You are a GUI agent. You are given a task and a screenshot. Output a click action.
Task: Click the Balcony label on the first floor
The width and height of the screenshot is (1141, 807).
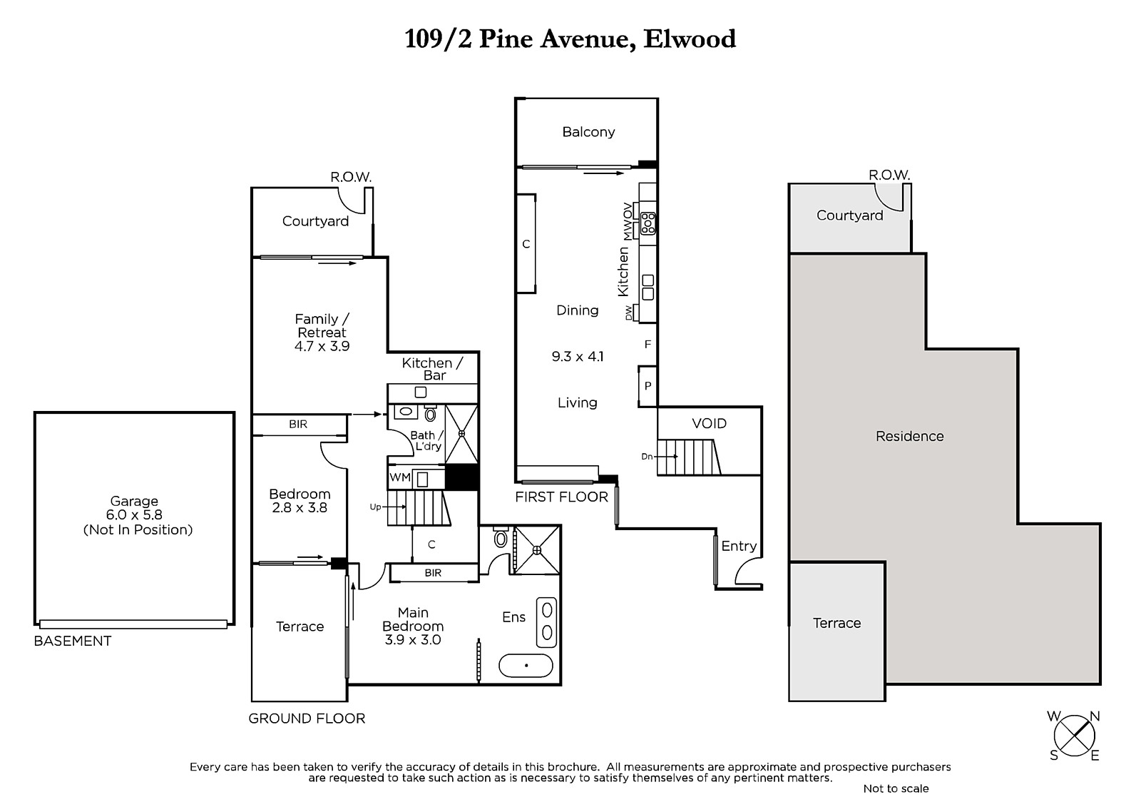click(x=588, y=132)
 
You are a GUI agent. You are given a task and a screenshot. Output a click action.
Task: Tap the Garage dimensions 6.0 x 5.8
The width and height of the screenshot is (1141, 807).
click(x=134, y=515)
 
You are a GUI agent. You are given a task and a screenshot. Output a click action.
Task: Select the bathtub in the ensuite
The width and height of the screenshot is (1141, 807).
click(x=526, y=665)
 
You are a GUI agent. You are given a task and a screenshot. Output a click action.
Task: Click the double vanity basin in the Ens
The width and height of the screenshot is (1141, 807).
click(x=546, y=622)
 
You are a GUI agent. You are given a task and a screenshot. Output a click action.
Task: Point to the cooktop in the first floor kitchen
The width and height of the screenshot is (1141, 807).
click(x=648, y=223)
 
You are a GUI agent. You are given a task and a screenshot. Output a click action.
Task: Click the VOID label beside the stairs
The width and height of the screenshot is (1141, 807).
click(x=709, y=424)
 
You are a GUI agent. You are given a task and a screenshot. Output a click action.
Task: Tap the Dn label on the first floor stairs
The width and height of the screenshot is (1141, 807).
click(x=647, y=457)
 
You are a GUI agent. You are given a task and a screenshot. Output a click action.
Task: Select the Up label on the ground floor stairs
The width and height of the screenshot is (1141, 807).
click(x=375, y=507)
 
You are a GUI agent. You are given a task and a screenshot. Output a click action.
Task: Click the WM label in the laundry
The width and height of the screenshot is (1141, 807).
click(x=400, y=477)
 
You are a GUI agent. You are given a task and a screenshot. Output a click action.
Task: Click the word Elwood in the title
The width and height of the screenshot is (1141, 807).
click(x=690, y=39)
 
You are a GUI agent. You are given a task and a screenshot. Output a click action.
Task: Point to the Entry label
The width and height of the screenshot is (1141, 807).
click(x=739, y=547)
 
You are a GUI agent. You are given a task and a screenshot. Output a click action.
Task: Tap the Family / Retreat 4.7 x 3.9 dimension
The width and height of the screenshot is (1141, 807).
click(x=322, y=346)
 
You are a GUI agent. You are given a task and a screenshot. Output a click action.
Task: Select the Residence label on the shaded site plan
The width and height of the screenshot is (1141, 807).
click(x=910, y=437)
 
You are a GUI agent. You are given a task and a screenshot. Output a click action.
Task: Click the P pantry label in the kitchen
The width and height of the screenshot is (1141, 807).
click(x=648, y=386)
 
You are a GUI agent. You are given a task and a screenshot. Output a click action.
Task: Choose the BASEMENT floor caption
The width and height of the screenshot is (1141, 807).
click(x=72, y=641)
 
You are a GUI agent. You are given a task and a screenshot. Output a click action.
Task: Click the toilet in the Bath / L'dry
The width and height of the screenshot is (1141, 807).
click(x=431, y=413)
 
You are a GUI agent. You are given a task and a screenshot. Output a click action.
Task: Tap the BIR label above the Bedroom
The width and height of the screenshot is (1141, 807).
click(x=298, y=424)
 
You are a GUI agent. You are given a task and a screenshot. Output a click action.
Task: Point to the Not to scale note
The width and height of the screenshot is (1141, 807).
click(x=896, y=788)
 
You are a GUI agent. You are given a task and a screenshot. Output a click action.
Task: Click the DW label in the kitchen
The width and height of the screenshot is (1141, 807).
click(x=628, y=313)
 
